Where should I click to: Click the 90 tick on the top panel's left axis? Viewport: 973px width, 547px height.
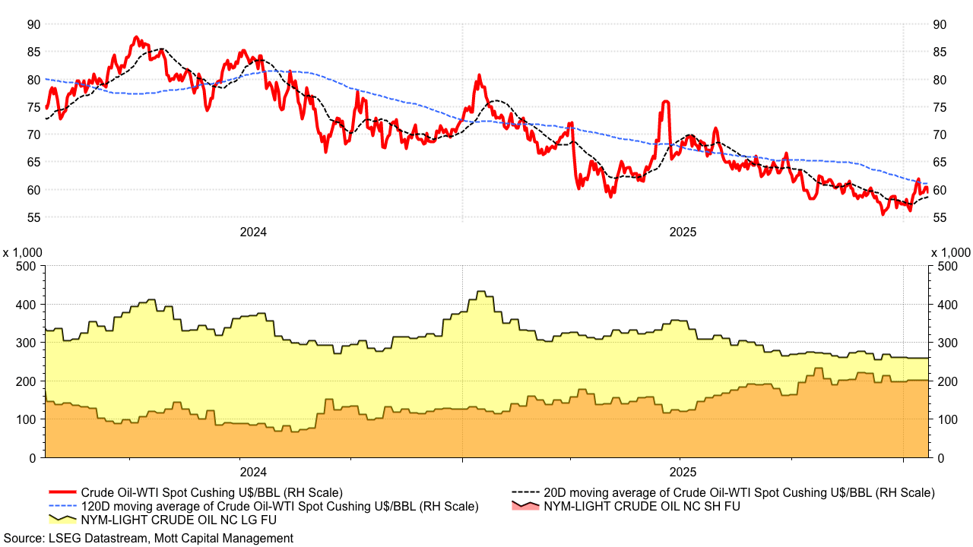tap(33, 24)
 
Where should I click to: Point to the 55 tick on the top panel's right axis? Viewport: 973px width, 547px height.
tap(940, 217)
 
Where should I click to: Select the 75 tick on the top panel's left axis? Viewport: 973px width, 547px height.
tap(33, 107)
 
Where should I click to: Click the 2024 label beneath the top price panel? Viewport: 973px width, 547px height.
tap(253, 232)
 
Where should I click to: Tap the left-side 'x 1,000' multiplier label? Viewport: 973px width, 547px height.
tap(23, 252)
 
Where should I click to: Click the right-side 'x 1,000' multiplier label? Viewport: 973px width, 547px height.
tap(950, 252)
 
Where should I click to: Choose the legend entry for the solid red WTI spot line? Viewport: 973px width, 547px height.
tap(211, 492)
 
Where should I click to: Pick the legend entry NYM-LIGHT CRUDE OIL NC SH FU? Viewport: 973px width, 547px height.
tap(640, 506)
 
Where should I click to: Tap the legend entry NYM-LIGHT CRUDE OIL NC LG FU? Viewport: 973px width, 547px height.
tap(179, 520)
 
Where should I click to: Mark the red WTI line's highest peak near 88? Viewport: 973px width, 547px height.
tap(135, 36)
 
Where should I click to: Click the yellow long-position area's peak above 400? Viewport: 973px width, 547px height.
tap(480, 292)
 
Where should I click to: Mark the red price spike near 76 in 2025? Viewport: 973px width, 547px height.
tap(665, 102)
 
